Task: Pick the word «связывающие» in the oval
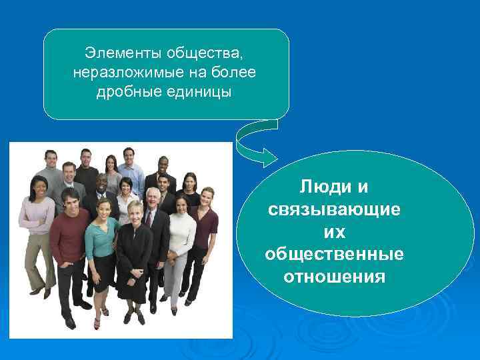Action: click(334, 209)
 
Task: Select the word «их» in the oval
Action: click(334, 231)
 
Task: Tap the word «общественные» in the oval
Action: click(334, 254)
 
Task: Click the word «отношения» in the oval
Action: click(334, 276)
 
